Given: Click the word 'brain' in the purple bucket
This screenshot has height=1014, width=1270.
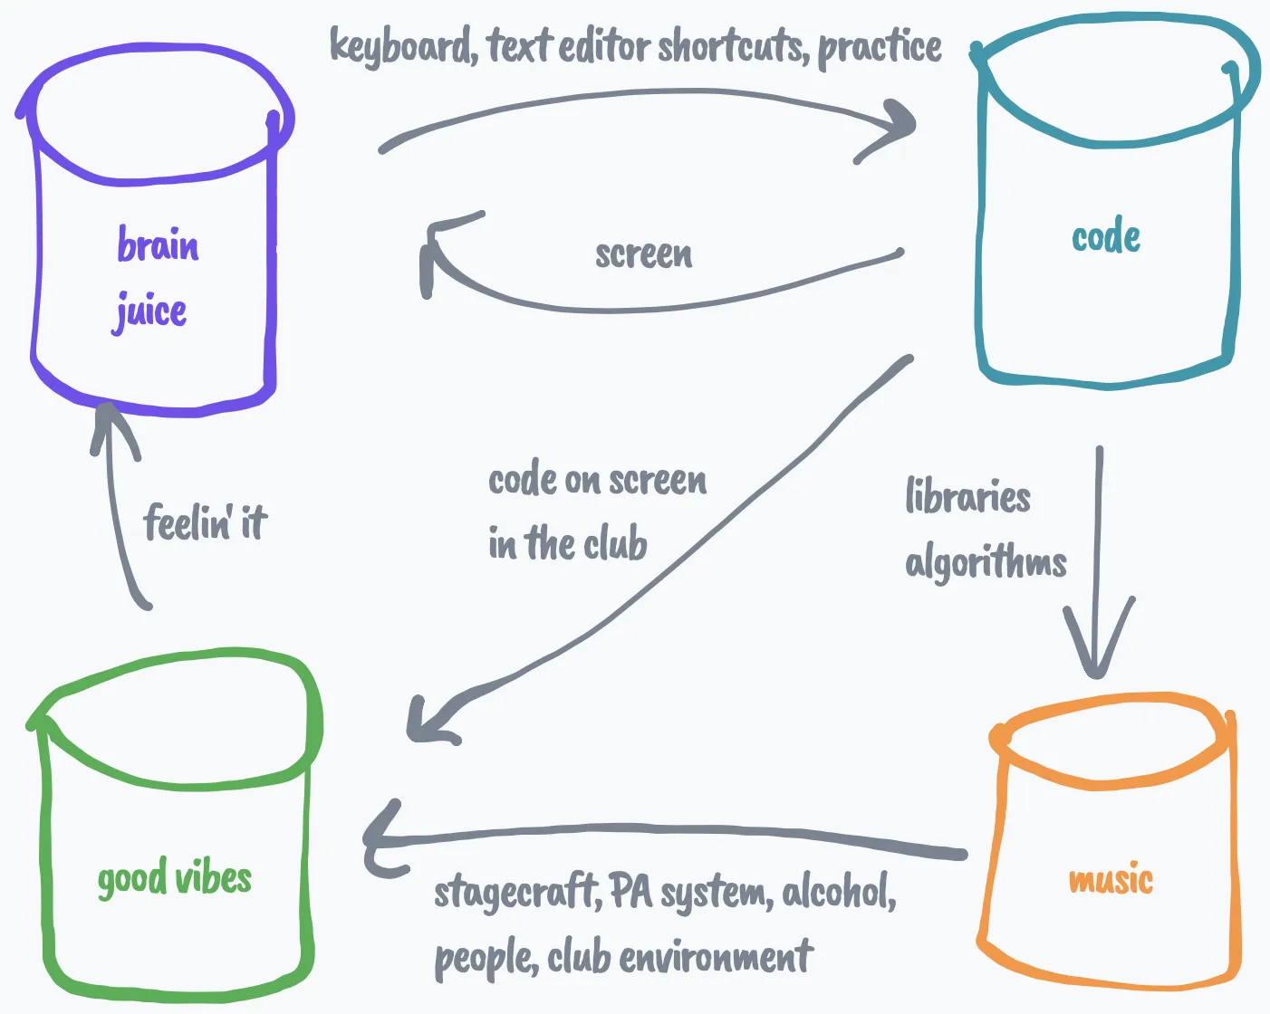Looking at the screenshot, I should pos(158,245).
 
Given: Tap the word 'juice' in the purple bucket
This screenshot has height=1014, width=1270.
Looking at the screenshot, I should pos(150,312).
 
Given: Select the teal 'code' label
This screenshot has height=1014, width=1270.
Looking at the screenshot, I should pos(1105,237).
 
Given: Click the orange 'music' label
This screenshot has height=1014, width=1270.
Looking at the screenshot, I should pos(1111,880).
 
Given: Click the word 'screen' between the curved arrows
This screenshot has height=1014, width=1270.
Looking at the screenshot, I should pos(643,254).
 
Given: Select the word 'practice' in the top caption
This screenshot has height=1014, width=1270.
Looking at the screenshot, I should pos(880,47).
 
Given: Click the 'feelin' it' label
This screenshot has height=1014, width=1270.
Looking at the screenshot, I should pos(205,522).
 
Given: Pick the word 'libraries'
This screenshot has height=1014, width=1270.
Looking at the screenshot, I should pos(967,497).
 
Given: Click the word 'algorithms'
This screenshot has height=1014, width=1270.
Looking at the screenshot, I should pos(986,563).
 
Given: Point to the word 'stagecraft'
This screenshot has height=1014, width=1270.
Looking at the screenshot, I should pos(515,893).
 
